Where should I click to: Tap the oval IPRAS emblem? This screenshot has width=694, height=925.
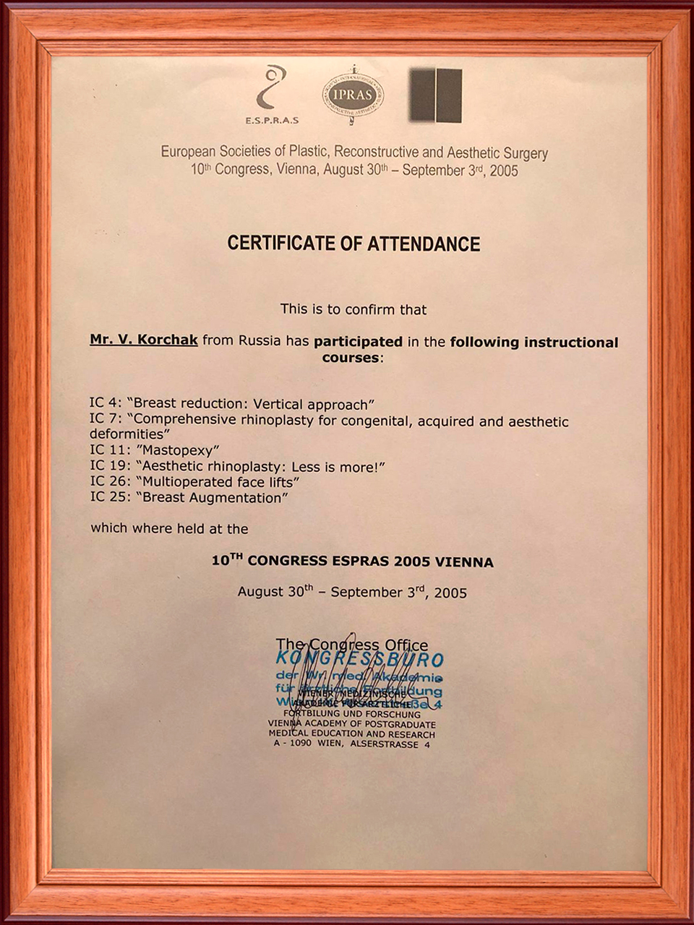pyautogui.click(x=353, y=95)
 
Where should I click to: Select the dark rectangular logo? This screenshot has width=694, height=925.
pyautogui.click(x=435, y=95)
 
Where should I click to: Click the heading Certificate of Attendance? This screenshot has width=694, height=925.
pyautogui.click(x=354, y=244)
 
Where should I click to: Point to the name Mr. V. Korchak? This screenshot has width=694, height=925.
pyautogui.click(x=144, y=340)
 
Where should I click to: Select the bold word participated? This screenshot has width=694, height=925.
pyautogui.click(x=358, y=341)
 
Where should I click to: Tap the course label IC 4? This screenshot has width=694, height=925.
pyautogui.click(x=106, y=404)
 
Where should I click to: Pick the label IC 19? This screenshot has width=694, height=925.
pyautogui.click(x=109, y=467)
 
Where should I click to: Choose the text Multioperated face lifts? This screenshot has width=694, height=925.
pyautogui.click(x=218, y=482)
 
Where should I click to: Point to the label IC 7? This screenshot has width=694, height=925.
pyautogui.click(x=106, y=420)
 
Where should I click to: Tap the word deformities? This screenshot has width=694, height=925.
pyautogui.click(x=129, y=434)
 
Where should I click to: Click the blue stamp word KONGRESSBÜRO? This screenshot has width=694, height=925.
pyautogui.click(x=359, y=659)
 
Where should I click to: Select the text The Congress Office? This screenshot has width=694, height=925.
pyautogui.click(x=351, y=645)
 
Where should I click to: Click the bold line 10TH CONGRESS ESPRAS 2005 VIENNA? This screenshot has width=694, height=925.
pyautogui.click(x=352, y=562)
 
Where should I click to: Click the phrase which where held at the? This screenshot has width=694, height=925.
pyautogui.click(x=169, y=529)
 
